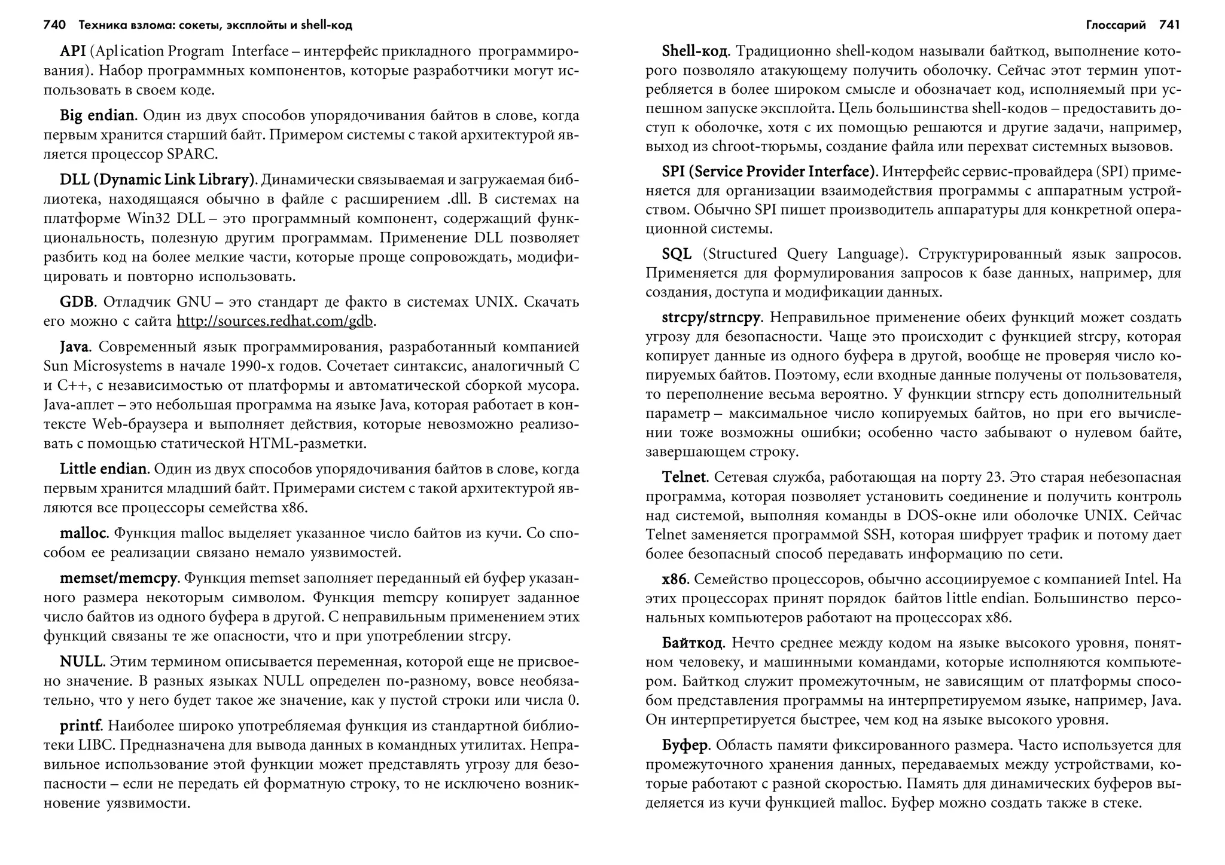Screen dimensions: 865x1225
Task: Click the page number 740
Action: pos(54,25)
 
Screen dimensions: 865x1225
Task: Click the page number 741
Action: pos(1169,25)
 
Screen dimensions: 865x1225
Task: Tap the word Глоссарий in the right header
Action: pos(1116,25)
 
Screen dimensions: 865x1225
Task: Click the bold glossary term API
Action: pos(72,51)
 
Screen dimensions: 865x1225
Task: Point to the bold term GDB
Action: pos(77,302)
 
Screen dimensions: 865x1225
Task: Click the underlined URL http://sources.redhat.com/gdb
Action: pos(275,321)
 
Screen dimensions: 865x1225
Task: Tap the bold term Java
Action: pos(75,347)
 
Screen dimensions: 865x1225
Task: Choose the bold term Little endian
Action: pos(103,469)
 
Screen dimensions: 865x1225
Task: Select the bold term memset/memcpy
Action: pos(118,578)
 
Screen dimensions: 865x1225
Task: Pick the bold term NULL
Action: pos(82,662)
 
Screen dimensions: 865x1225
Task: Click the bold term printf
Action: pos(81,726)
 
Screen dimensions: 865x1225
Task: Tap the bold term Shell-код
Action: pos(695,51)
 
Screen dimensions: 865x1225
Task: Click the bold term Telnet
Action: pos(684,477)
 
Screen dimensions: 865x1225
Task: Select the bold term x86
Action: pos(675,579)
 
